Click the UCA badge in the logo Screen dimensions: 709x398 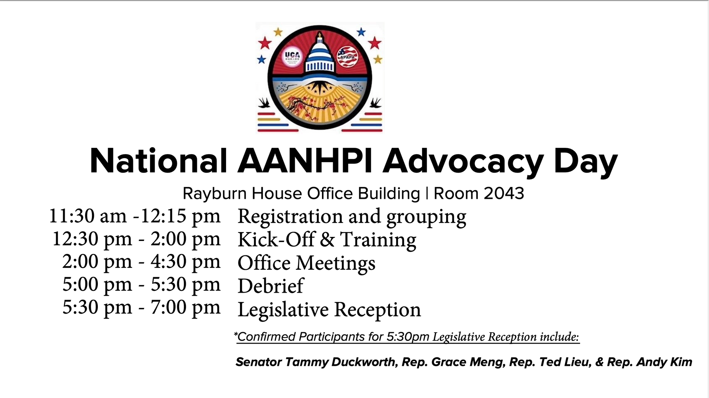click(292, 57)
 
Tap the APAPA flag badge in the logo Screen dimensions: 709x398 click(347, 57)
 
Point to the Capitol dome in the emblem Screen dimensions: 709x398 click(320, 54)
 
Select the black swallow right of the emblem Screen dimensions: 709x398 click(376, 102)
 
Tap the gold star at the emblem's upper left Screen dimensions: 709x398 click(278, 32)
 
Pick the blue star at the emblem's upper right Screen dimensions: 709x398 click(361, 32)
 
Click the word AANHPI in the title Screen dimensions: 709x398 click(305, 161)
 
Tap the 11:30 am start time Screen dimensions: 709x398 click(88, 216)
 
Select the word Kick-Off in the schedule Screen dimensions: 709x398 click(276, 239)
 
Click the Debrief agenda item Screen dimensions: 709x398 click(271, 286)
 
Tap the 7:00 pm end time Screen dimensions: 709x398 click(186, 307)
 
